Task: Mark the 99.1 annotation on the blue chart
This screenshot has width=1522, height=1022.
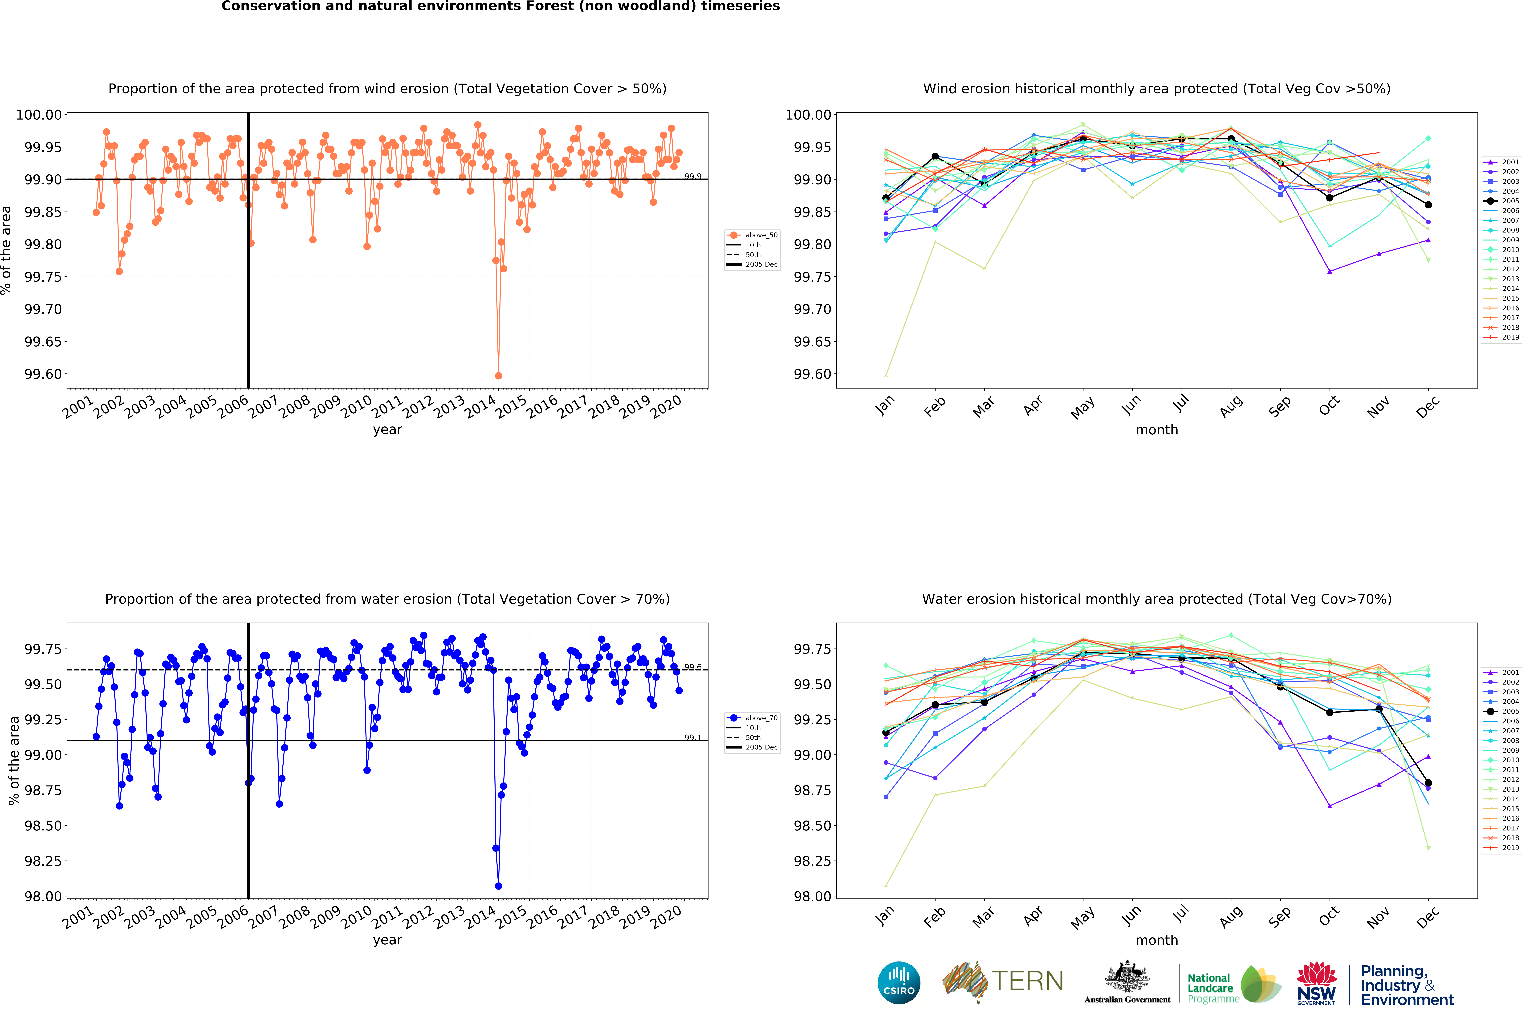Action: (692, 738)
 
